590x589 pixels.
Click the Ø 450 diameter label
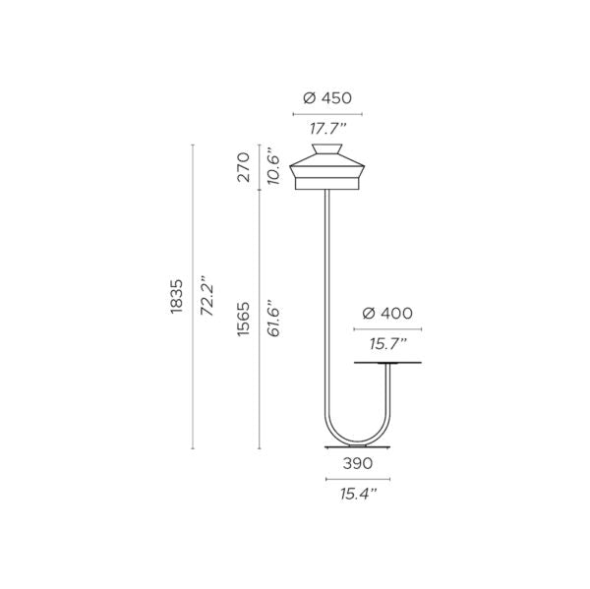(327, 98)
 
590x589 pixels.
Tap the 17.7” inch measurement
(327, 129)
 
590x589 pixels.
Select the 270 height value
(244, 167)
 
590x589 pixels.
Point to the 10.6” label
(273, 168)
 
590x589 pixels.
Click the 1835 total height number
(176, 296)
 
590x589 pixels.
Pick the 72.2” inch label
(206, 295)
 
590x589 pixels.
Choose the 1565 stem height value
(244, 319)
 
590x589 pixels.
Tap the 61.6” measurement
(273, 318)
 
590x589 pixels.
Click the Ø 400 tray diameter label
(387, 313)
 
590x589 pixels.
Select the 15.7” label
(388, 343)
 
